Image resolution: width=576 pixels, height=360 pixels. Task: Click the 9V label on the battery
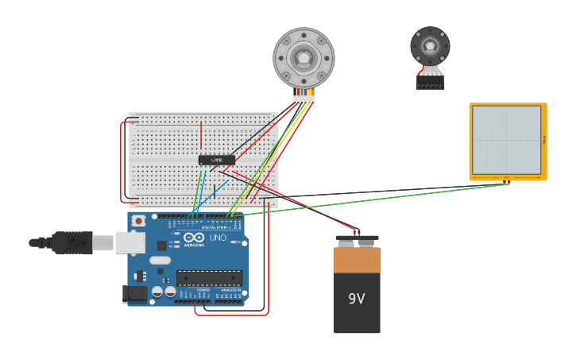point(356,299)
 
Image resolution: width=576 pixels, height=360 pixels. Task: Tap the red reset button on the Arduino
point(138,220)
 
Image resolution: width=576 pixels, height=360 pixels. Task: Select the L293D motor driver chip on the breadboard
point(216,160)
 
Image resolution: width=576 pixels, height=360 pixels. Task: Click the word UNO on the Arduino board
point(218,238)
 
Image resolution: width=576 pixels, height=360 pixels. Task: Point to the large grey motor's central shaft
point(303,57)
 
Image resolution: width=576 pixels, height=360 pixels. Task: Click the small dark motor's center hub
point(430,45)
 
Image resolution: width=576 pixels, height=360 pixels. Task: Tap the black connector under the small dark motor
point(430,83)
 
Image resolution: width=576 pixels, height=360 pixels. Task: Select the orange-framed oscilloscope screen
point(507,141)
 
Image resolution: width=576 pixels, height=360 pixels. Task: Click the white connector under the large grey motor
point(303,98)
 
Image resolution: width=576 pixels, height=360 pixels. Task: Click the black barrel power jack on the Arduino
point(134,294)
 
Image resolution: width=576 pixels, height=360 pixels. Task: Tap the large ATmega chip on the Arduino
point(209,277)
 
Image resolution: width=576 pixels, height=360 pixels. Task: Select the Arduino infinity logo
point(194,238)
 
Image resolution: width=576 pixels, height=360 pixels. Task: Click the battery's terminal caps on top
point(357,237)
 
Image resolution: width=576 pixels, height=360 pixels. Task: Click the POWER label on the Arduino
point(203,290)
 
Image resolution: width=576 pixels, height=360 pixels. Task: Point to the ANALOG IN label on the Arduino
point(230,290)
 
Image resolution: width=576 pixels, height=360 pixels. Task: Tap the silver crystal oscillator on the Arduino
point(160,260)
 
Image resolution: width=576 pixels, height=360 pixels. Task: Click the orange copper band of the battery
point(357,261)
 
